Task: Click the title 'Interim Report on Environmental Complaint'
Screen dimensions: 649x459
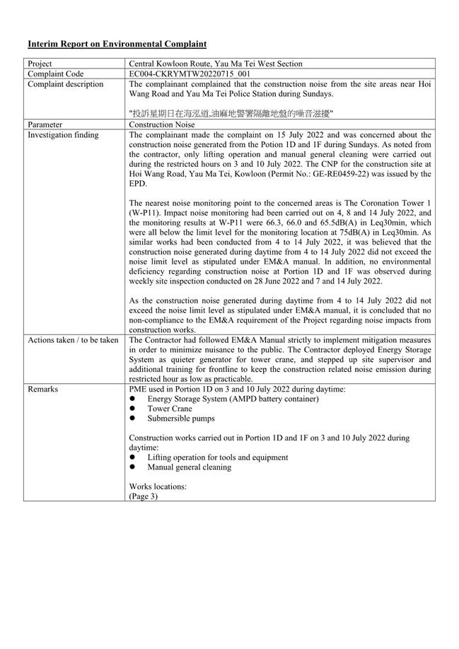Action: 117,44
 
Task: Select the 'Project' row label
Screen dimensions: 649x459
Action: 40,64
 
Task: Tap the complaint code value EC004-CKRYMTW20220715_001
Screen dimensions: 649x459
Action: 190,74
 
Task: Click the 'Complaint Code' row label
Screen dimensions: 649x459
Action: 54,74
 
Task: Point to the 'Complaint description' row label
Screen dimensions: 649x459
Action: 65,84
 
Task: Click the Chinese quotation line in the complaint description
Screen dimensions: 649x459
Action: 231,113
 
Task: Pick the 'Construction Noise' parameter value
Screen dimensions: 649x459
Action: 162,124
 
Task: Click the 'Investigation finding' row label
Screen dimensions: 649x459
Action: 63,134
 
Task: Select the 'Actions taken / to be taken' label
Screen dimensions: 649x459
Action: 73,340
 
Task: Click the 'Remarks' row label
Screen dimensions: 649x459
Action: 43,389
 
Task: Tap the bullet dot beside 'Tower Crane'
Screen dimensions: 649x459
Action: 132,409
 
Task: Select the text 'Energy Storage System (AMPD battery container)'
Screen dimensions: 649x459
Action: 233,399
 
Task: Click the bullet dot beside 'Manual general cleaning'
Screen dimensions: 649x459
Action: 132,467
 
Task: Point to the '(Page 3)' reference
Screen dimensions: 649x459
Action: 144,496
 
